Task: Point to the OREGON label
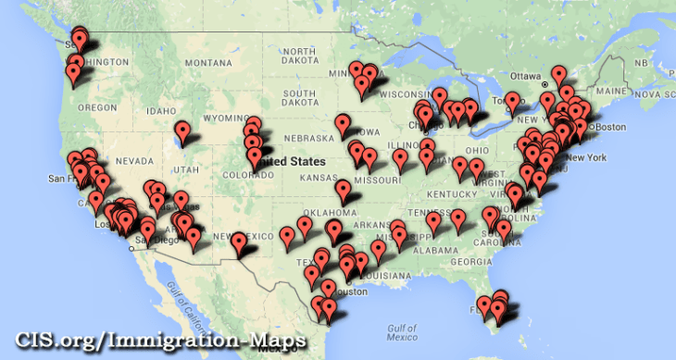[96, 107]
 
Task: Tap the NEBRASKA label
[302, 139]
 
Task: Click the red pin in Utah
[183, 131]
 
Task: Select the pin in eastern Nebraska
[344, 123]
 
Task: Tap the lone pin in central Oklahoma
[344, 192]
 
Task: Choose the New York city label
[583, 157]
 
